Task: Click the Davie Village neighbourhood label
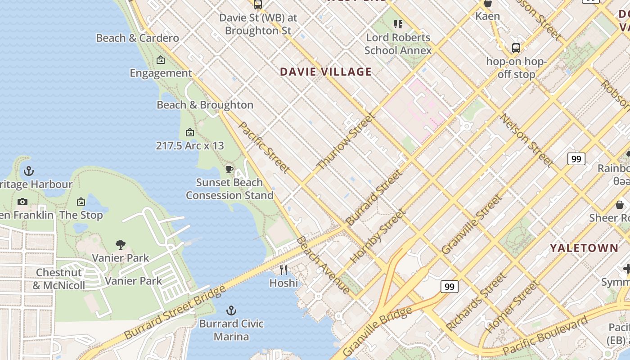pyautogui.click(x=326, y=72)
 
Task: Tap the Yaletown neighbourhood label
pyautogui.click(x=584, y=248)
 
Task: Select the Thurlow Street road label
pyautogui.click(x=346, y=142)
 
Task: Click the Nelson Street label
pyautogui.click(x=527, y=140)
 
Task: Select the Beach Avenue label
pyautogui.click(x=323, y=265)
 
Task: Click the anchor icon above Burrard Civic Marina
pyautogui.click(x=231, y=310)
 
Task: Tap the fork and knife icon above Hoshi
pyautogui.click(x=283, y=270)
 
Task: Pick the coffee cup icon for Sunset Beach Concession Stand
pyautogui.click(x=229, y=169)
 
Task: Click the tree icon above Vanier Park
pyautogui.click(x=120, y=245)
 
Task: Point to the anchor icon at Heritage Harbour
pyautogui.click(x=29, y=171)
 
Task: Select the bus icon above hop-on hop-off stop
pyautogui.click(x=516, y=48)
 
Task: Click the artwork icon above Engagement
pyautogui.click(x=161, y=60)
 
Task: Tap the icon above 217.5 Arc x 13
pyautogui.click(x=190, y=132)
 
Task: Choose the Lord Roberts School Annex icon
pyautogui.click(x=398, y=24)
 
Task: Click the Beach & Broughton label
pyautogui.click(x=205, y=105)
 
